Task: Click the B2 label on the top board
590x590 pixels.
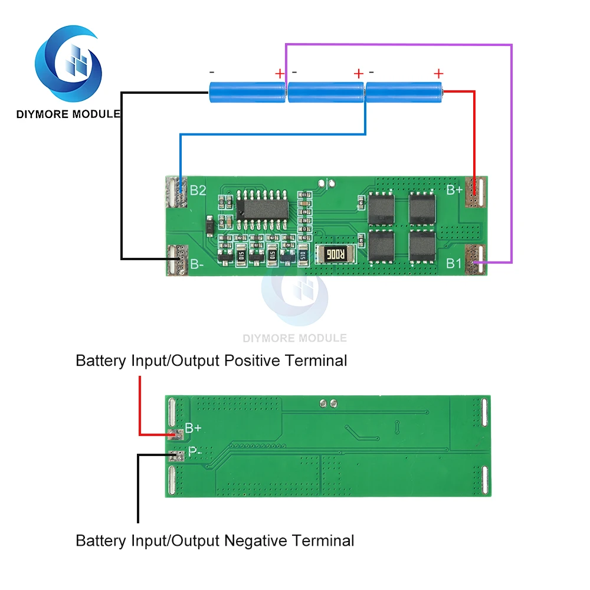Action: [198, 191]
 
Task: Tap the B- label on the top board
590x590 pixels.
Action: [196, 265]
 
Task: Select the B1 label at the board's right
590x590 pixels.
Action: [454, 263]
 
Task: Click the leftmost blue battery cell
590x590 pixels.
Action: [247, 91]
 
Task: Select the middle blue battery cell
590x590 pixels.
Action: [325, 91]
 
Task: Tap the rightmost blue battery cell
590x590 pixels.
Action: [404, 91]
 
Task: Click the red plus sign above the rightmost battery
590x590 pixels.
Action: [438, 74]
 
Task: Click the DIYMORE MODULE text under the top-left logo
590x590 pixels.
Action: [68, 114]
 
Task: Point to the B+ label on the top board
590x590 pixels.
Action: [454, 189]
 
